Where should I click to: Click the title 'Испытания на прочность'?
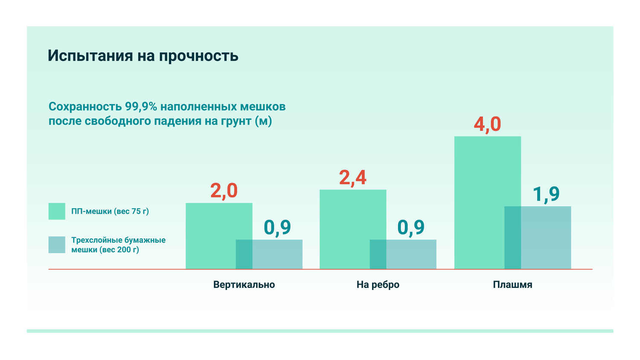143,56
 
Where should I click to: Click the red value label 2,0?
224,191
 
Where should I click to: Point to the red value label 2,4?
353,177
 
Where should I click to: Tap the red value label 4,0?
487,124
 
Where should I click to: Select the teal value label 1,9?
546,194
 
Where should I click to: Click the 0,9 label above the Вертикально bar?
277,227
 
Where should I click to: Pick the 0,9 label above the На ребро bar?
411,227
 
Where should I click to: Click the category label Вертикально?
244,285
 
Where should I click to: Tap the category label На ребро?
378,285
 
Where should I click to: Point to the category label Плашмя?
512,285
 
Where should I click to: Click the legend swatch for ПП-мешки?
57,211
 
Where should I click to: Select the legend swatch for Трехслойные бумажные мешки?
57,245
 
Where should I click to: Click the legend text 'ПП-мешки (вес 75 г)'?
110,211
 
